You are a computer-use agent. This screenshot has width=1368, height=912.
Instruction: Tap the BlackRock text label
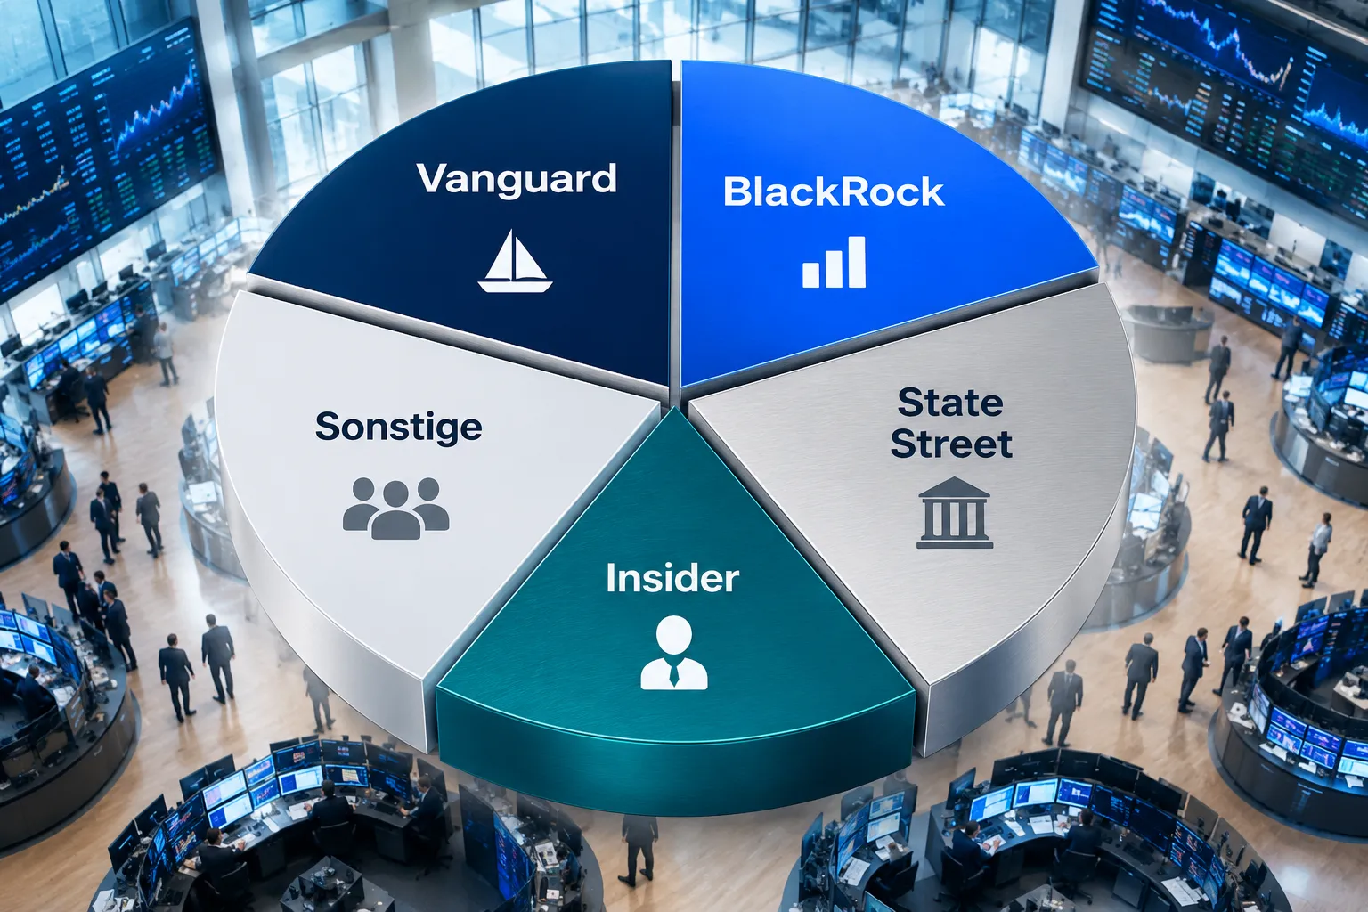(834, 191)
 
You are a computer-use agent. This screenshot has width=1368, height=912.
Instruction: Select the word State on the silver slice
(950, 403)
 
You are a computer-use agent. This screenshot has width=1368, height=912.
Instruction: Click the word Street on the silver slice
(951, 444)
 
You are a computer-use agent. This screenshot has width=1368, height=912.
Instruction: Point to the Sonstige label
(399, 427)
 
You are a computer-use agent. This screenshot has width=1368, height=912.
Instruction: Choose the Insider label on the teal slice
(672, 578)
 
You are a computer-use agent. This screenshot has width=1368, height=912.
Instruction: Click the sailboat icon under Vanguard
(515, 261)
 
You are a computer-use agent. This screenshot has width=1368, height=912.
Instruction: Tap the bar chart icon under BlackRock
(834, 262)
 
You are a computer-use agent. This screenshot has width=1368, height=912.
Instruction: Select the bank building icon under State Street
(955, 512)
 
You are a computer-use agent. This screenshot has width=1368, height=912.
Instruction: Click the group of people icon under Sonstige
(395, 509)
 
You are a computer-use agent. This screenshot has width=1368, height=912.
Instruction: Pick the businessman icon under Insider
(673, 653)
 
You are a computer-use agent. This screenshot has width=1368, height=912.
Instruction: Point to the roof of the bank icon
(954, 488)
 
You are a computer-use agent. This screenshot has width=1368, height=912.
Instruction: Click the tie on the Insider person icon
(673, 673)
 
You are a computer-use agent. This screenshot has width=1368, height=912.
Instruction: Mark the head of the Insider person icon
(673, 635)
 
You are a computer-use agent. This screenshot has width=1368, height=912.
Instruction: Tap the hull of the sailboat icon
(515, 286)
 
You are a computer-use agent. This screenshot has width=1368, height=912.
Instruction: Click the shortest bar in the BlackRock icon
(811, 275)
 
